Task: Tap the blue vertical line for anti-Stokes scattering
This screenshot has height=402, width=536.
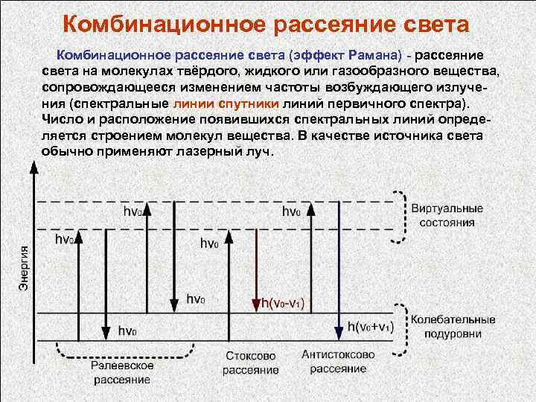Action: point(339,261)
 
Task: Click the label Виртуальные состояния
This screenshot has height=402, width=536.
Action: point(447,215)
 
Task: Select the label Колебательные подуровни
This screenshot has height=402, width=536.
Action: point(453,325)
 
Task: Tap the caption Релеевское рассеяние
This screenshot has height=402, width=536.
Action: point(122,372)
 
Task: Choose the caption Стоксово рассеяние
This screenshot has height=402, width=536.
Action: point(250,363)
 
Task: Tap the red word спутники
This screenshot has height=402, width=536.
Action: point(251,103)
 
